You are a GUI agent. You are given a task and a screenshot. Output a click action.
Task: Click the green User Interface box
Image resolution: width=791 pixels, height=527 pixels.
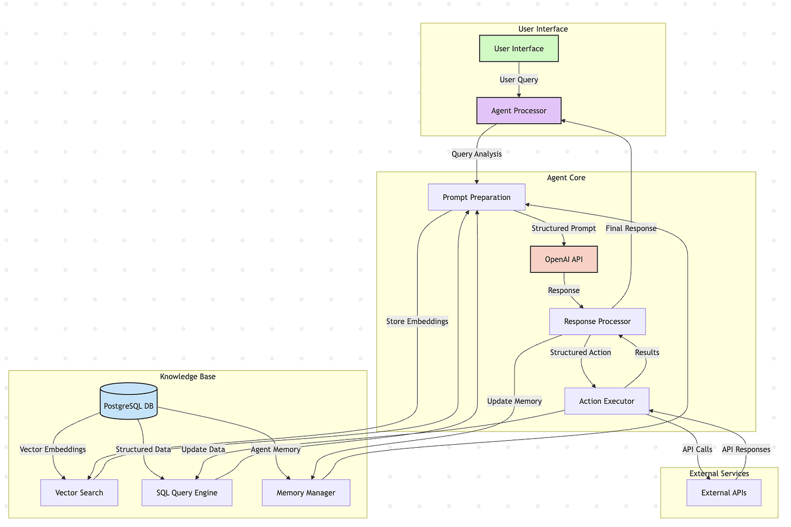click(518, 48)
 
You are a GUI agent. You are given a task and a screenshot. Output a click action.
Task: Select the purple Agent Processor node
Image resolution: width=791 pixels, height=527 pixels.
click(518, 111)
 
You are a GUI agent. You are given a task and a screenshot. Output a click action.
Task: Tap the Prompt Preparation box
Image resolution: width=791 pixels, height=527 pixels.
click(476, 197)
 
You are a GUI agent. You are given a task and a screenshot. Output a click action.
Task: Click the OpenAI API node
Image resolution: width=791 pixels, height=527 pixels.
click(564, 259)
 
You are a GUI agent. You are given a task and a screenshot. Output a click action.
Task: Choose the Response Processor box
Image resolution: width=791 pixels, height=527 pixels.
click(597, 321)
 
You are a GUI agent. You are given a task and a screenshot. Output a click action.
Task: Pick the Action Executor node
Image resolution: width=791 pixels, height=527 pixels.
click(606, 401)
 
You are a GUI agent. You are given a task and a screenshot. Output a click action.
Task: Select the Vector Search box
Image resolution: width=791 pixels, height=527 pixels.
click(79, 493)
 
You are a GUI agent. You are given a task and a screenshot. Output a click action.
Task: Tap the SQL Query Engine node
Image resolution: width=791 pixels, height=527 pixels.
click(187, 493)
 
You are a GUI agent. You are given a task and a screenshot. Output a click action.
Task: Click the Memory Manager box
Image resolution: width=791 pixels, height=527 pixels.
click(306, 493)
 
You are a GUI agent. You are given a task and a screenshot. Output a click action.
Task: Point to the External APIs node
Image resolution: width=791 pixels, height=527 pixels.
click(723, 493)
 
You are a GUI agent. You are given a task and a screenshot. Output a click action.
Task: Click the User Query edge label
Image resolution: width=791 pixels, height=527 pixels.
click(518, 79)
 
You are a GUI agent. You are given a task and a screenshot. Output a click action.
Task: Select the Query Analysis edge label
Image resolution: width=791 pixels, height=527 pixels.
click(476, 154)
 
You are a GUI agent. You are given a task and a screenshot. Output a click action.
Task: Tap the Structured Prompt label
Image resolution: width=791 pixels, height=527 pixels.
click(563, 228)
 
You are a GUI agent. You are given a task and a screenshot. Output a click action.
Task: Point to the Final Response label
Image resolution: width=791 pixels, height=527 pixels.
click(631, 228)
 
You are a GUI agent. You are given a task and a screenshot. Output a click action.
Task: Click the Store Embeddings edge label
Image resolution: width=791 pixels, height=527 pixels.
click(417, 321)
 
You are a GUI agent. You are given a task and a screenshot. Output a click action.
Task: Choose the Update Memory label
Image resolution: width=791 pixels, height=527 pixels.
click(514, 401)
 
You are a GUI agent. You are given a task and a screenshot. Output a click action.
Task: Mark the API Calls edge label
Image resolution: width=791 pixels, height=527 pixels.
click(697, 449)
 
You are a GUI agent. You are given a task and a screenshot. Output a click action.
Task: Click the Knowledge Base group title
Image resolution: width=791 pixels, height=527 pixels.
click(188, 377)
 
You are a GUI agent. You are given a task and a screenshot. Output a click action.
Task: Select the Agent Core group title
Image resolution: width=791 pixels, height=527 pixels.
click(566, 177)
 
